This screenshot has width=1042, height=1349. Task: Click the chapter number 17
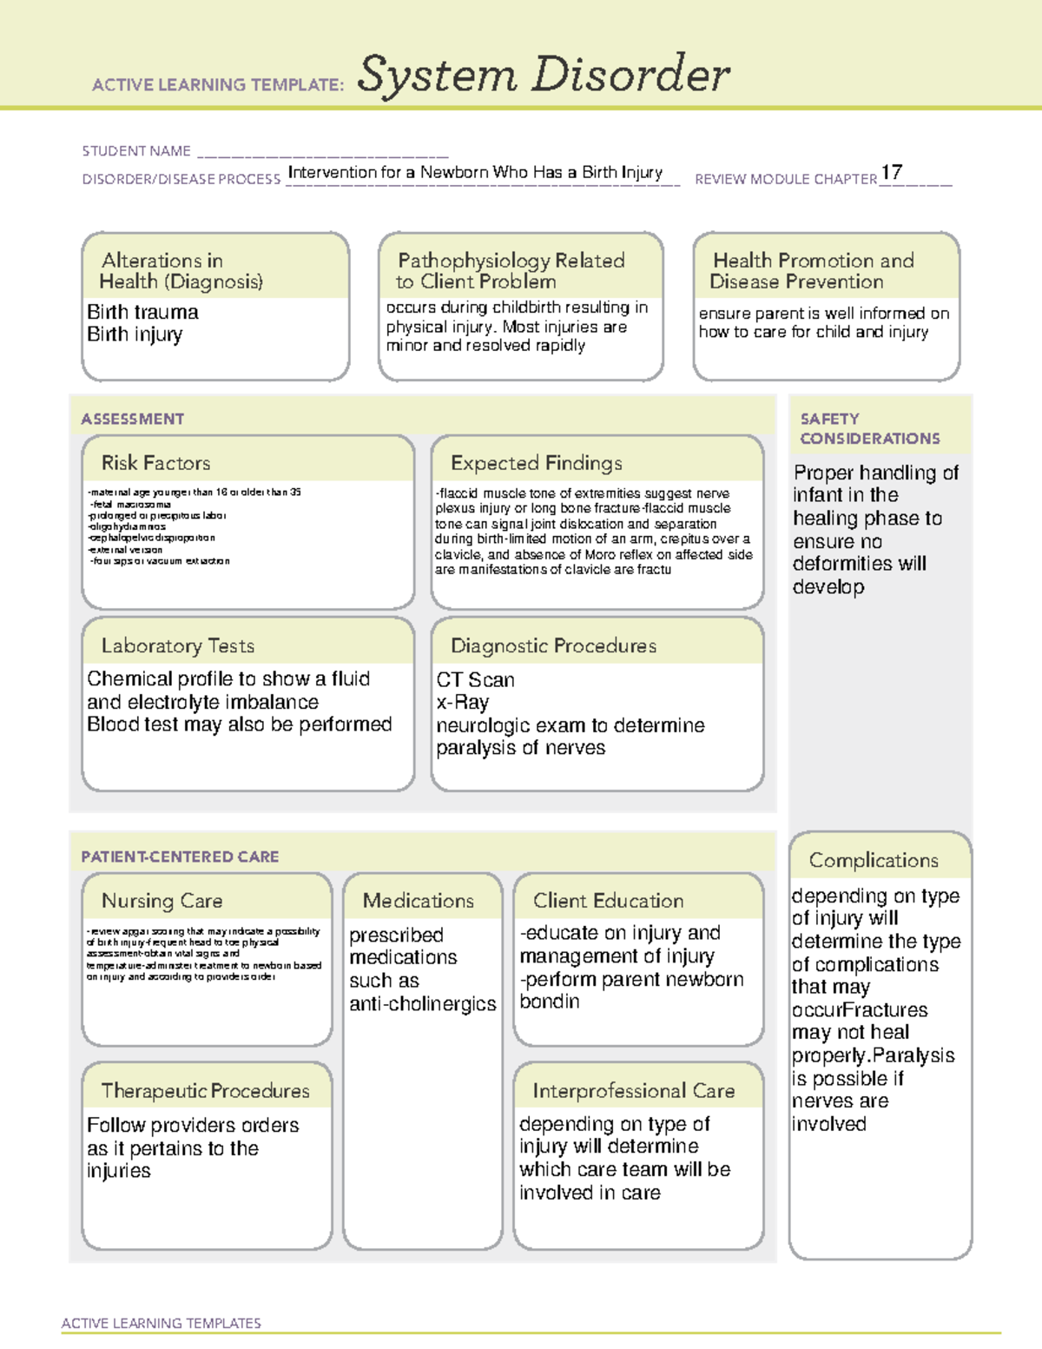[892, 172]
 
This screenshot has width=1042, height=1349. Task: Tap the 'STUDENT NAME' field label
[136, 151]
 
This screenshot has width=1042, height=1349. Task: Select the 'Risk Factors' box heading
[156, 463]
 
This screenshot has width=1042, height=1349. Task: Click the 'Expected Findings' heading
[537, 463]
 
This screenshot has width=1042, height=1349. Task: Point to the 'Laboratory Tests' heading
[178, 645]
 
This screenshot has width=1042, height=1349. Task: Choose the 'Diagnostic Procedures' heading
[553, 645]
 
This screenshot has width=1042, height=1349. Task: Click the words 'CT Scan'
[475, 679]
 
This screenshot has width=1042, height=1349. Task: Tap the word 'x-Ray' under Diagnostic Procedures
[463, 702]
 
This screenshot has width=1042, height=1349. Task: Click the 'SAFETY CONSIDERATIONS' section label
[870, 428]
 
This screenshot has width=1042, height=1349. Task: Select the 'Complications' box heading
[874, 860]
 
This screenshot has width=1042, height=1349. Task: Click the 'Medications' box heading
[419, 901]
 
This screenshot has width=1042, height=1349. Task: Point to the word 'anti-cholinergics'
[423, 1003]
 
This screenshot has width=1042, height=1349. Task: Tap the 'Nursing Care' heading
[162, 901]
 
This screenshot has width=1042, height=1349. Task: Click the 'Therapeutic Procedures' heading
[206, 1090]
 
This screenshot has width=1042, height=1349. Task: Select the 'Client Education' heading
[609, 901]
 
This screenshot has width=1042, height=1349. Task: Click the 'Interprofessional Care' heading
[634, 1090]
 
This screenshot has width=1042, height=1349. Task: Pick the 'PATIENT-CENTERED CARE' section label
[181, 856]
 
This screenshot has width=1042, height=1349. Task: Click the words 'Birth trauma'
[142, 312]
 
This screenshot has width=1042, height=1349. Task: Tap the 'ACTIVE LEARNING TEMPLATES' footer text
[162, 1323]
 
